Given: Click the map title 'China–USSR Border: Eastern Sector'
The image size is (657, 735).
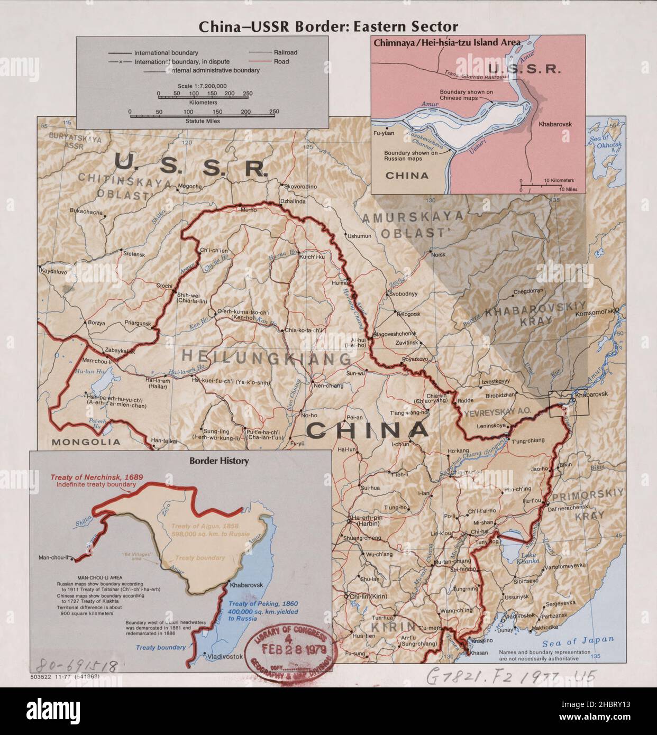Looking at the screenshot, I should coord(328,27).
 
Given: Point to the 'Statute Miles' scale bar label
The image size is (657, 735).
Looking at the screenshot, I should coord(202,121).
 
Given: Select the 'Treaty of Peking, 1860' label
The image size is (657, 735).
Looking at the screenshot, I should coord(263,604).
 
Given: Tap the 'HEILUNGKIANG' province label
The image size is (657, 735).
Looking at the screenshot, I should coord(266,357).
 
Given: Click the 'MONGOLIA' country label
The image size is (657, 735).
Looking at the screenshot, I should coord(86,442).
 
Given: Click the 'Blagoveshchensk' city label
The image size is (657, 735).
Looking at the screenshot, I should coord(395,334).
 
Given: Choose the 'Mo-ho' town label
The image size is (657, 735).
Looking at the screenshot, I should coord(248,209).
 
